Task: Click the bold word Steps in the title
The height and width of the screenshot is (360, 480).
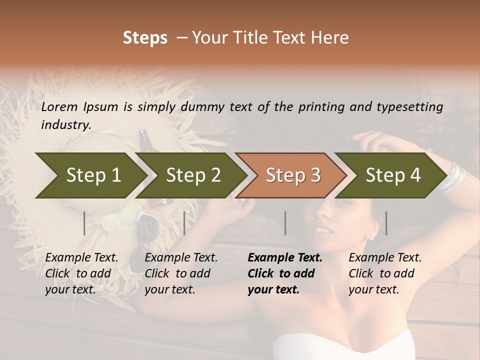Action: [x=145, y=37]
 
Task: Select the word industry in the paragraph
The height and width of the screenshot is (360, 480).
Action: [x=65, y=124]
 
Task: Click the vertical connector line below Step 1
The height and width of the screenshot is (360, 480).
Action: [x=84, y=223]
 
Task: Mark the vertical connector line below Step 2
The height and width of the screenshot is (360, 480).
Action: [x=184, y=223]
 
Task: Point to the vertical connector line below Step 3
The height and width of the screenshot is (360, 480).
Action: [x=285, y=223]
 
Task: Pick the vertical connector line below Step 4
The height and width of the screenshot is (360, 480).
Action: [x=386, y=223]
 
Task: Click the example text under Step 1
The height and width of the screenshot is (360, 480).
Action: [x=81, y=273]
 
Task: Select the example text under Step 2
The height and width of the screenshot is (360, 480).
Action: [x=181, y=273]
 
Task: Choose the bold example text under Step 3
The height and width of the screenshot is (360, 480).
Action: [x=285, y=273]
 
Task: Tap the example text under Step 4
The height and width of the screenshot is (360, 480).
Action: [x=385, y=273]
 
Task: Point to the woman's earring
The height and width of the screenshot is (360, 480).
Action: [x=370, y=237]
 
